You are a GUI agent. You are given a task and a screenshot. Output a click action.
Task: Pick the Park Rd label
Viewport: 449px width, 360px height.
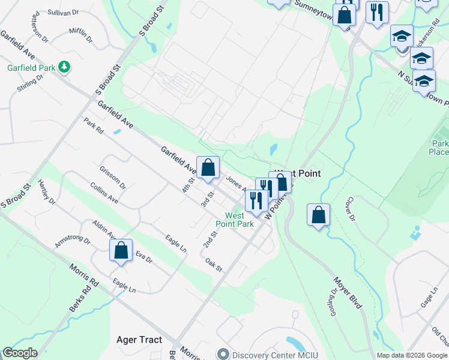point(94,126)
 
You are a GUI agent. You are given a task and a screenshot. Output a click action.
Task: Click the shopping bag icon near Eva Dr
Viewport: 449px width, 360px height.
point(121,251)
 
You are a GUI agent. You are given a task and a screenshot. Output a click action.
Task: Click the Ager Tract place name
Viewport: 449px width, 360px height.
point(139,340)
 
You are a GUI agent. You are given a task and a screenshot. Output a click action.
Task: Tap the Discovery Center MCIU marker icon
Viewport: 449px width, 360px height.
point(223,354)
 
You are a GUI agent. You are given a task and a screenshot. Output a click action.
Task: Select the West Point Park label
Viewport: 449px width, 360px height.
point(238,220)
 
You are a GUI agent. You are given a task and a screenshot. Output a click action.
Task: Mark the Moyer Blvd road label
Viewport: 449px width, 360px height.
point(348,293)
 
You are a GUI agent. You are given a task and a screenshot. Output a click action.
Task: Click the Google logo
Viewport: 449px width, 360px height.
point(20,353)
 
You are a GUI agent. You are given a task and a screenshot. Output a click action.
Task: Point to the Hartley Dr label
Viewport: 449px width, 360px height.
point(46,190)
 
